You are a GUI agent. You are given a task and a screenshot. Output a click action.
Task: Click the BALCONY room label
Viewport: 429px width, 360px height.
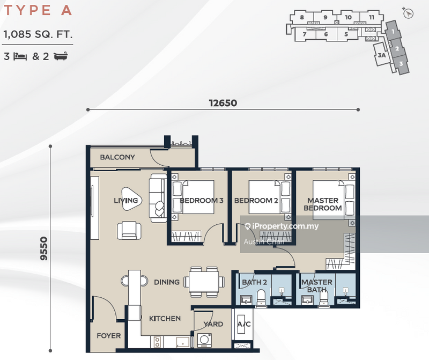(117, 157)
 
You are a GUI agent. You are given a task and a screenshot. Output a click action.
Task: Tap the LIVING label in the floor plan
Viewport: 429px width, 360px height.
(126, 201)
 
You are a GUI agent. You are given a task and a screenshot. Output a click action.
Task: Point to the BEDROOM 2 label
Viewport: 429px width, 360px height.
(256, 201)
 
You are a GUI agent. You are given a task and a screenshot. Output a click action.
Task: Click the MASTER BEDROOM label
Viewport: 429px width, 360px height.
(323, 204)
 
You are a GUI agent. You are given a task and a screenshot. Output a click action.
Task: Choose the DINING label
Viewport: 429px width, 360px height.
(167, 282)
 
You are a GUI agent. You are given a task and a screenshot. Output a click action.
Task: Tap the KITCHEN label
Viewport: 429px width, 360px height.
(165, 318)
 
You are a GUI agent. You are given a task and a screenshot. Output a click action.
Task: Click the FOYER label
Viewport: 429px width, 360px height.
(108, 336)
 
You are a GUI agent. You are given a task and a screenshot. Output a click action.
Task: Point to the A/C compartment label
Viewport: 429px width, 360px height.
(243, 324)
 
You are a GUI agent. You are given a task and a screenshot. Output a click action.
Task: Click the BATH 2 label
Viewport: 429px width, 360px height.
(254, 282)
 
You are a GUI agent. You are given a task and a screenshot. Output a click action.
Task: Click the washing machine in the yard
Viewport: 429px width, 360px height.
(204, 340)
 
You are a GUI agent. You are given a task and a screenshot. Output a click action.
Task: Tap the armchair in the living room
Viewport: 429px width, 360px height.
(129, 230)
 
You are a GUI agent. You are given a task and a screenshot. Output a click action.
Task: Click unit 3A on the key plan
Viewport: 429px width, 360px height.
(382, 55)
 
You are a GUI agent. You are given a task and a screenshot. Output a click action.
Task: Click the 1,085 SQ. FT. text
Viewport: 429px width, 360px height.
(38, 35)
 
